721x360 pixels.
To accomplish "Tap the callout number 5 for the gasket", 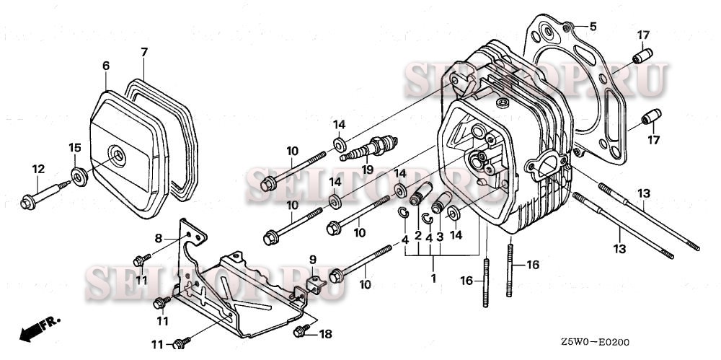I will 593,27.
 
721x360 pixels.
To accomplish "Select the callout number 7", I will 144,52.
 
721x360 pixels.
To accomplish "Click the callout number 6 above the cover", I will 106,66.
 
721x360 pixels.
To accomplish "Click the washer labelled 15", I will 80,175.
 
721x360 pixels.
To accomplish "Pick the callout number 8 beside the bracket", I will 159,237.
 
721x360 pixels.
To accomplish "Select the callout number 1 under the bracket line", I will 433,278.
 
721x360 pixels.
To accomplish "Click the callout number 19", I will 368,170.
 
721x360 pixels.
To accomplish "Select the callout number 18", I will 325,333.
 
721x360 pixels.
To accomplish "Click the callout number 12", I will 38,169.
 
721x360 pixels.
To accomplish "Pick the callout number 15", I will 74,148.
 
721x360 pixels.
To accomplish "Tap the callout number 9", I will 313,260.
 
